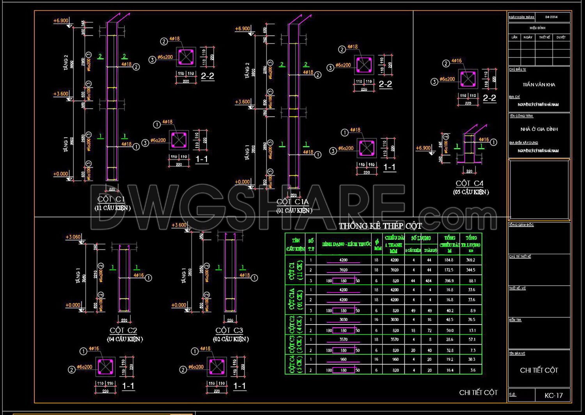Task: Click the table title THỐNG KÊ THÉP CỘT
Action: click(380, 226)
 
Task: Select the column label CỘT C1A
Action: click(292, 202)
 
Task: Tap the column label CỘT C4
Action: click(470, 184)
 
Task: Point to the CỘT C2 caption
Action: click(123, 330)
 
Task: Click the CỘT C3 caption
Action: click(229, 330)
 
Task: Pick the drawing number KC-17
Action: click(553, 396)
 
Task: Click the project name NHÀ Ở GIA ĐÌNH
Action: click(539, 129)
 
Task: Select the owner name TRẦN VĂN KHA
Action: click(539, 85)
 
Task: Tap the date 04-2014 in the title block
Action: click(551, 17)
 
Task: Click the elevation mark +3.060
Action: click(73, 237)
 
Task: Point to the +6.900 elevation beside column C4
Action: click(423, 148)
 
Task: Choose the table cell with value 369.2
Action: click(471, 260)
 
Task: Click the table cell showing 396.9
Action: click(449, 281)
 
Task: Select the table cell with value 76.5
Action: click(472, 320)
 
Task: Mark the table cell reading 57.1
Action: click(472, 339)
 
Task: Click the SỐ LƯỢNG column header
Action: click(421, 238)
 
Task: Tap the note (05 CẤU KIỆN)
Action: click(471, 192)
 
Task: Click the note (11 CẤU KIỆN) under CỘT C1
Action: click(113, 208)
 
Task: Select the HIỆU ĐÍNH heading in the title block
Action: click(537, 28)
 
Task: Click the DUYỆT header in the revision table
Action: click(561, 37)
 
